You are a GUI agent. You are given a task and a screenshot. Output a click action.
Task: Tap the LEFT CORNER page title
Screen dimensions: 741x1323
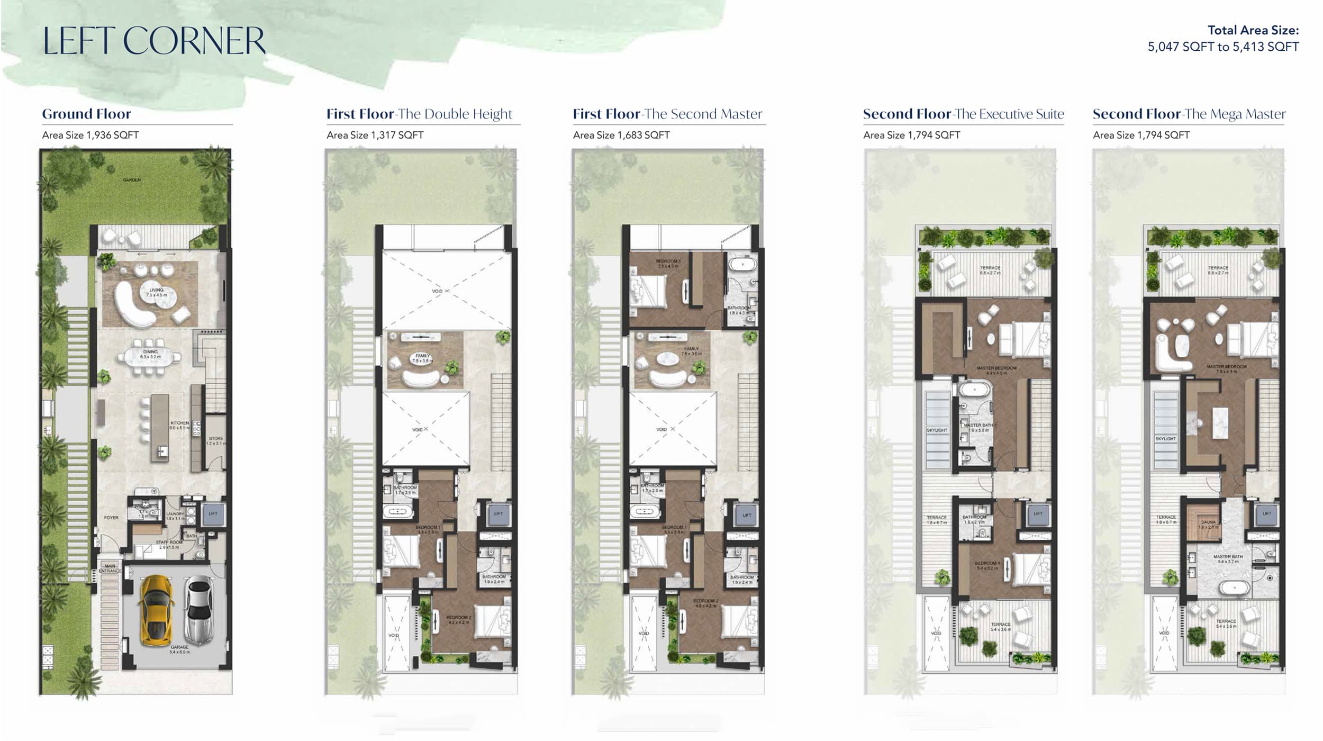coord(153,41)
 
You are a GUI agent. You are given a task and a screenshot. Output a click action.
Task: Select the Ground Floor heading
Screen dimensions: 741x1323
coord(87,114)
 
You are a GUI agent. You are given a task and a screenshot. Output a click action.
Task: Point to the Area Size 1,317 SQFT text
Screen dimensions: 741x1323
coord(375,135)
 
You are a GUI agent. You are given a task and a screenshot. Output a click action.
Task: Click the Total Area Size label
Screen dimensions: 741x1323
coord(1253,30)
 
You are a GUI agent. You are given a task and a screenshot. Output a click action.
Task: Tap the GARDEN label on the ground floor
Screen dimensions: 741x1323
coord(132,180)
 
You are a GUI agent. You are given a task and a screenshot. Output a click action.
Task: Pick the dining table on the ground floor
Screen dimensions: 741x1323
coord(150,356)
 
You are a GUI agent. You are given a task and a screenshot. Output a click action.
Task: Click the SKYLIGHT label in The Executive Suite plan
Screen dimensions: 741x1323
coord(937,430)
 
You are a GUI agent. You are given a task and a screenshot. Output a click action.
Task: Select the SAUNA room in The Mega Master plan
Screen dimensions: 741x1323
coord(1208,523)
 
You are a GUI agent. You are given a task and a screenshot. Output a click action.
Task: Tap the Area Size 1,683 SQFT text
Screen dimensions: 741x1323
coord(621,135)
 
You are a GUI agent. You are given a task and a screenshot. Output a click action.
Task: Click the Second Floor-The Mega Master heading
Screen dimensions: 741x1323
coord(1189,114)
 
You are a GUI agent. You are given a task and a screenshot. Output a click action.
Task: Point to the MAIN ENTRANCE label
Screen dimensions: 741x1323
coord(110,568)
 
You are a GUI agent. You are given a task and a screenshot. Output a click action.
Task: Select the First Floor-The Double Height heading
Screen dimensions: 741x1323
coord(419,114)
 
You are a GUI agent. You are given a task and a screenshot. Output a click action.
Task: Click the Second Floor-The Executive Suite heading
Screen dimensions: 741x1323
coord(963,114)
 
